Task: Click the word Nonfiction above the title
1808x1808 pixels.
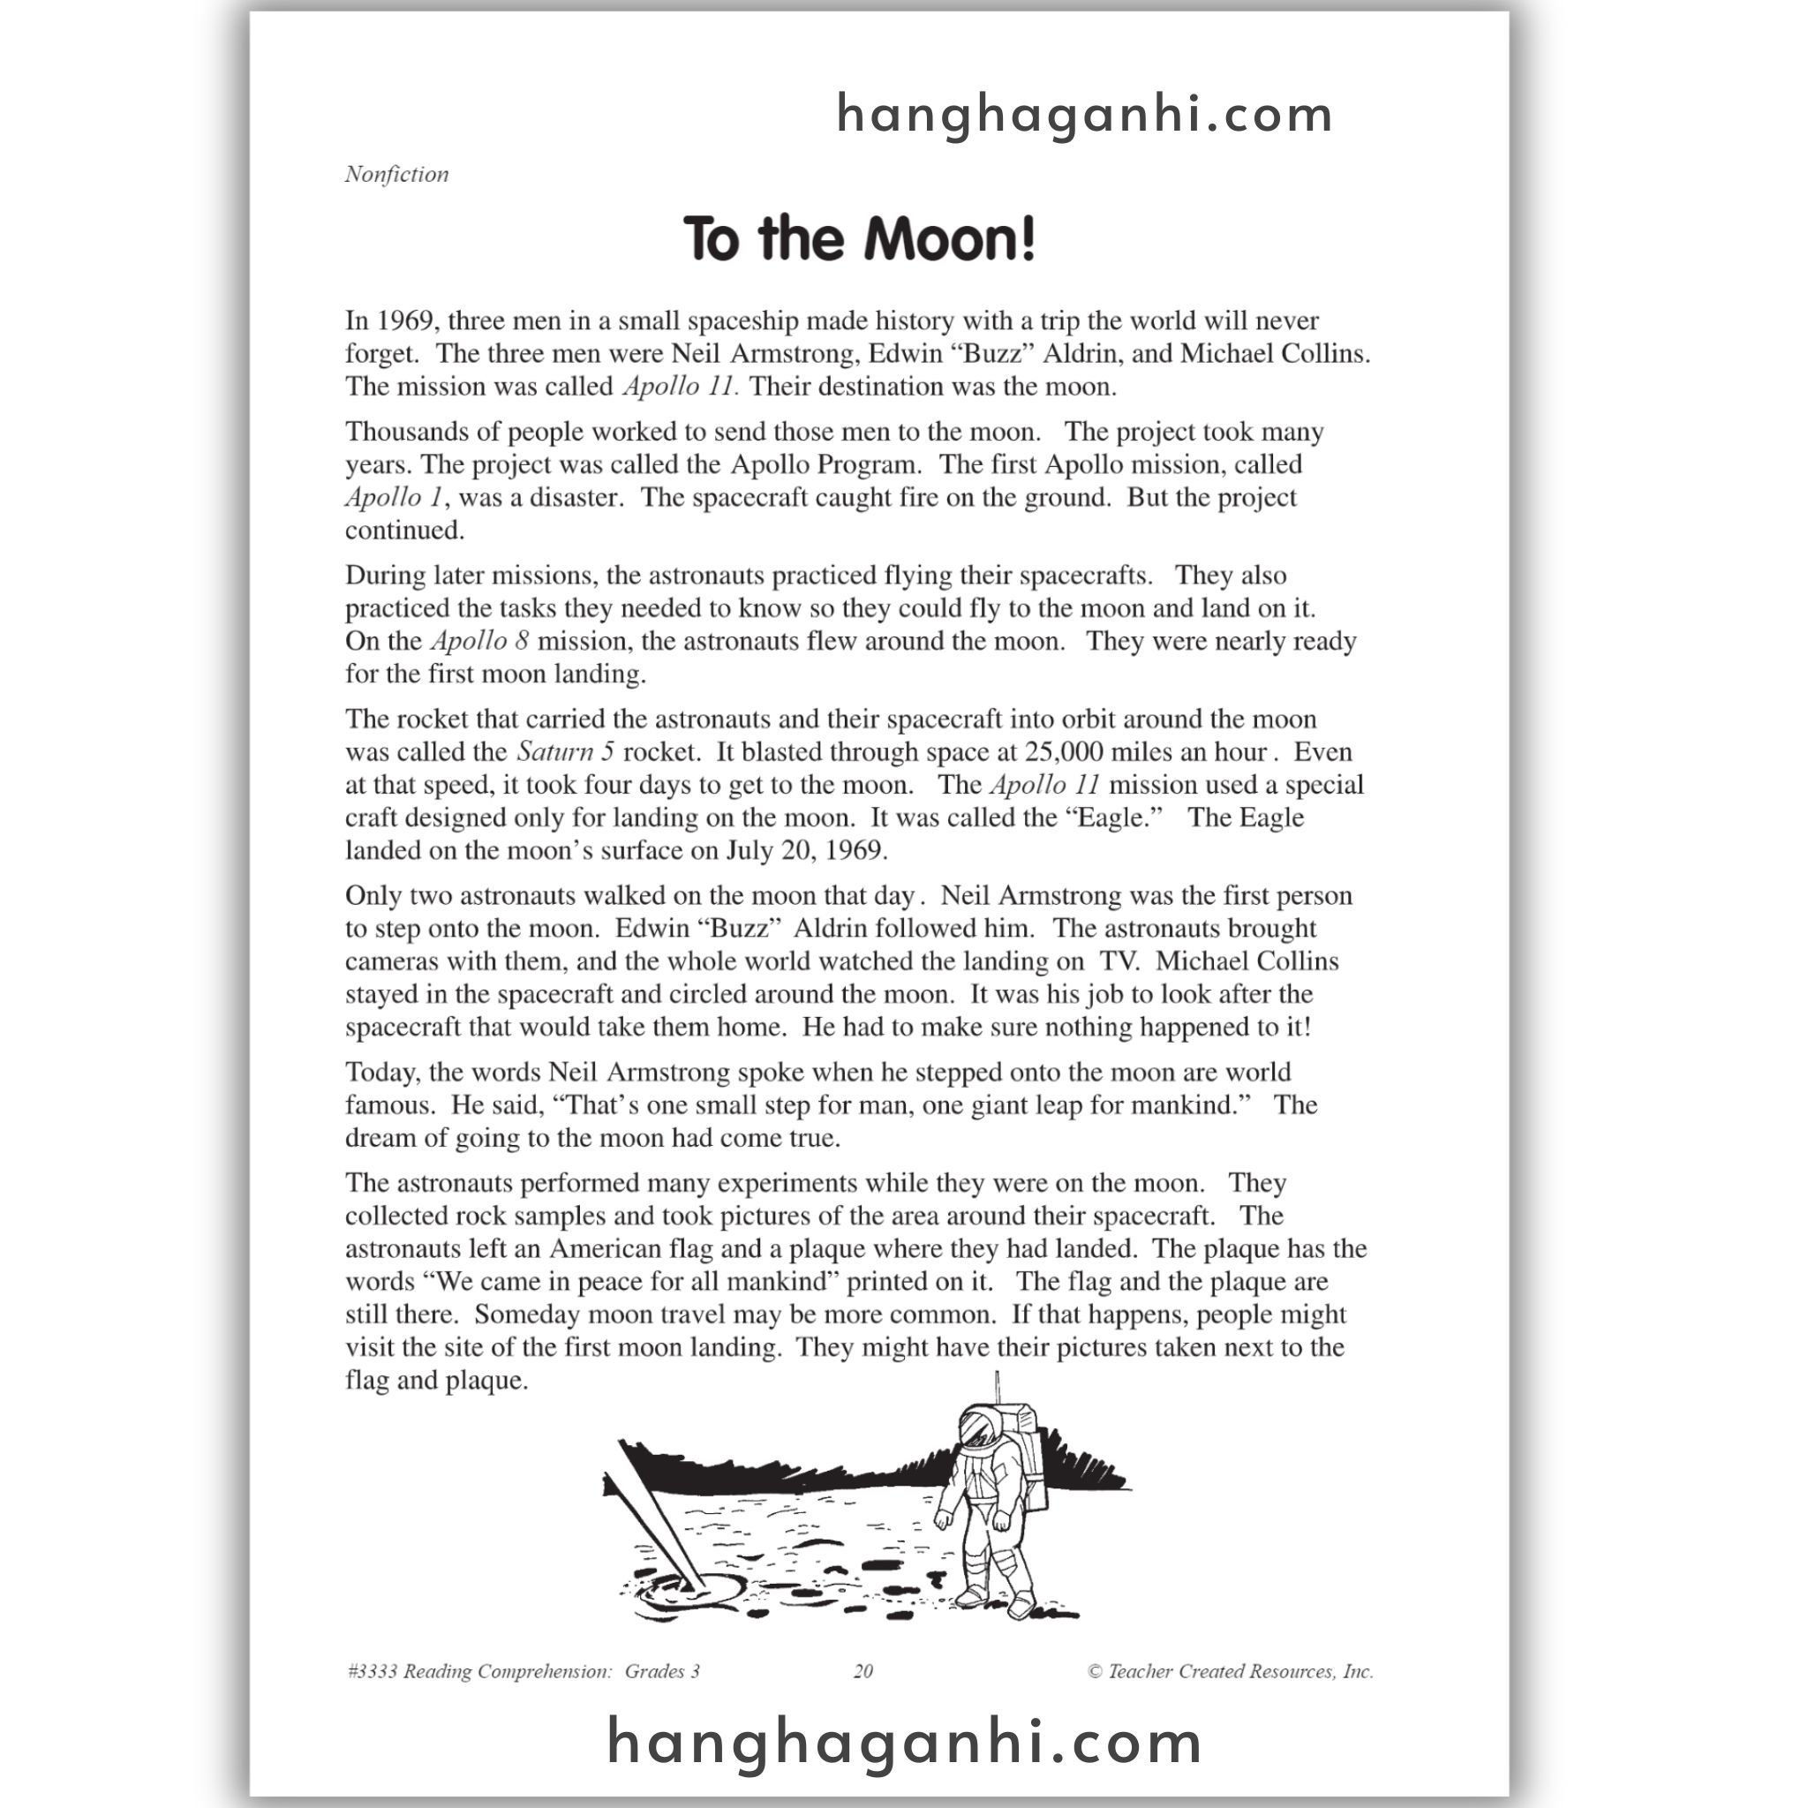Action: click(396, 174)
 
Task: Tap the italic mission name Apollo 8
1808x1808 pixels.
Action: click(480, 641)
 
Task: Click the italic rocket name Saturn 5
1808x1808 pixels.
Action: click(565, 751)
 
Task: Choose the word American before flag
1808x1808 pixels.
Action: click(606, 1248)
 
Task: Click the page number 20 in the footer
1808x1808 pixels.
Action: click(863, 1671)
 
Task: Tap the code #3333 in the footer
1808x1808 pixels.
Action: click(372, 1671)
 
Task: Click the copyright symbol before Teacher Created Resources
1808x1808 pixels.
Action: click(1095, 1671)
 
